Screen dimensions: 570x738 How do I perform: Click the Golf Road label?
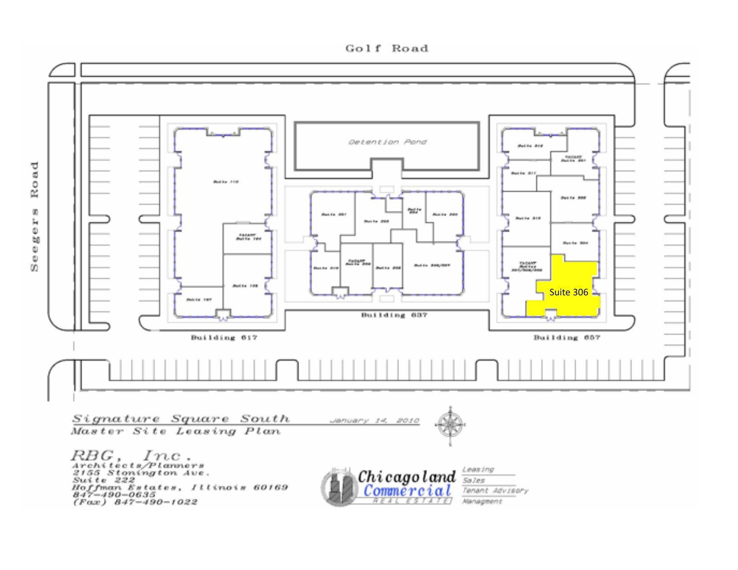click(x=387, y=48)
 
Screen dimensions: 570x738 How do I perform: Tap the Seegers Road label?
click(x=35, y=216)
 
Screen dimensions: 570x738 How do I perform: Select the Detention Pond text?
click(x=387, y=142)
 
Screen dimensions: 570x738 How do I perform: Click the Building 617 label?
click(x=224, y=338)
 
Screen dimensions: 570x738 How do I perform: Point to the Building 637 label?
click(x=394, y=315)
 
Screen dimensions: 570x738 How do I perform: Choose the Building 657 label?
click(x=566, y=338)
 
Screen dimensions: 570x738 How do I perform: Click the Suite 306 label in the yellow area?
click(x=568, y=292)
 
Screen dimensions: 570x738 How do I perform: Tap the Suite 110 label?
click(x=226, y=182)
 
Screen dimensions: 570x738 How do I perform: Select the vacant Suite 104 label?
click(x=248, y=237)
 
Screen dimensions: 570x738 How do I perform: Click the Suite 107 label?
click(x=199, y=300)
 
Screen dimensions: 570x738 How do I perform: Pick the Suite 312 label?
click(x=530, y=146)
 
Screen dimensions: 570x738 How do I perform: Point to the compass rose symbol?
click(x=450, y=425)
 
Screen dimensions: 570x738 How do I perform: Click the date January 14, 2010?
click(x=374, y=421)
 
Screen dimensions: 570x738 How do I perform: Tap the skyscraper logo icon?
click(x=339, y=487)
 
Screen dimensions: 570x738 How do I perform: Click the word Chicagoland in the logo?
click(x=406, y=477)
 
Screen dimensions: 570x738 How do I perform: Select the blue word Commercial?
click(x=407, y=491)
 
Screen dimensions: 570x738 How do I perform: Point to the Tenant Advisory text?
click(x=495, y=491)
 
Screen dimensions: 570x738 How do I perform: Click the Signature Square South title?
click(x=181, y=419)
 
